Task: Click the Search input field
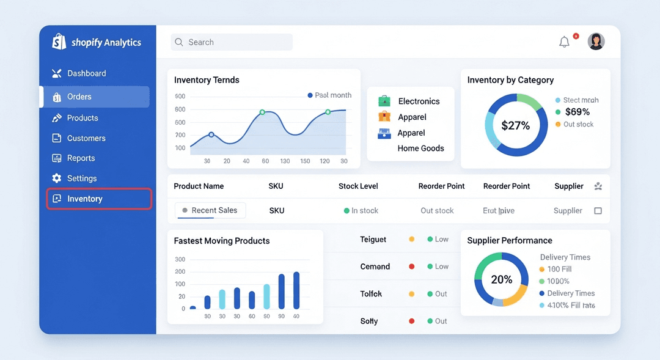232,42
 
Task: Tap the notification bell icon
564,42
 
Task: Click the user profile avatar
596,42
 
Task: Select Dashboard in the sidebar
86,73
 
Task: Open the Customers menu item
86,138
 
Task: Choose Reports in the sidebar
81,158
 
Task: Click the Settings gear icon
57,178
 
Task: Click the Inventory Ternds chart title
207,80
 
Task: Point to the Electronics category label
419,101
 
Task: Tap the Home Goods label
420,149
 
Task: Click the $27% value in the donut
516,126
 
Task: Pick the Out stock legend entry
578,124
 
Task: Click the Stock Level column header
358,186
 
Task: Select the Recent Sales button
210,210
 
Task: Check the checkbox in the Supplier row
598,211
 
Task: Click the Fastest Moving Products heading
222,241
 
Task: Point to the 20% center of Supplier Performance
502,279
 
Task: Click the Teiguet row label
373,240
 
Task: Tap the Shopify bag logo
59,42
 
